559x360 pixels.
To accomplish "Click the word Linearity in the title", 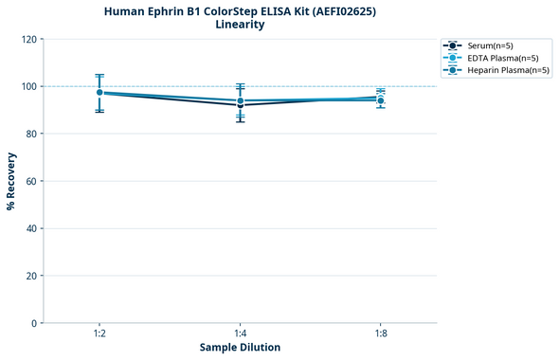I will [x=240, y=25].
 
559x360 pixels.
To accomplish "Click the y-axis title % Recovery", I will [x=11, y=181].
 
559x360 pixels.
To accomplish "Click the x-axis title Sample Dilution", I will [x=240, y=348].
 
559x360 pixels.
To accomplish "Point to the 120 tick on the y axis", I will [x=28, y=39].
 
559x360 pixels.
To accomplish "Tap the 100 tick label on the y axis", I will [x=28, y=86].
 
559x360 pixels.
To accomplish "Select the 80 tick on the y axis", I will [x=31, y=134].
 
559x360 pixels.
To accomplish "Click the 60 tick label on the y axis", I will [x=31, y=181].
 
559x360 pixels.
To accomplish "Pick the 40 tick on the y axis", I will [x=31, y=228].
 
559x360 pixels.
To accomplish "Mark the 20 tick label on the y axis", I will [x=31, y=276].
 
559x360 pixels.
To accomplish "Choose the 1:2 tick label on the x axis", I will [x=99, y=334].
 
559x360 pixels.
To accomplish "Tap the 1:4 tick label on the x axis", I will [x=240, y=334].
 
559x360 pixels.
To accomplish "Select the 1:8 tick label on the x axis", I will [x=380, y=334].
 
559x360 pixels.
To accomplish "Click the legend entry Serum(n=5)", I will [x=491, y=45].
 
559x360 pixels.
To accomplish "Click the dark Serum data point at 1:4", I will [x=240, y=104].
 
